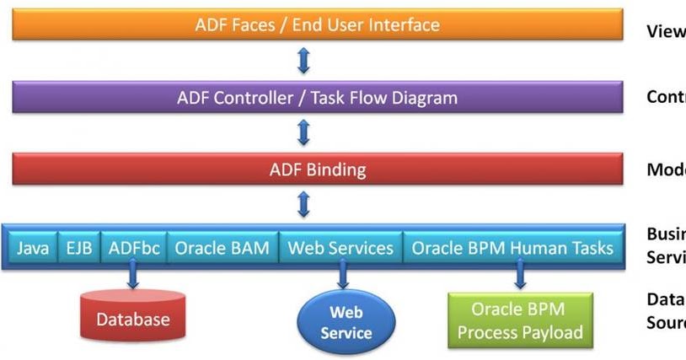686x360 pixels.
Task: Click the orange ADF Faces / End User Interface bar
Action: click(318, 24)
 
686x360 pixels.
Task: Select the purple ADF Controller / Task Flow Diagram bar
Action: click(318, 98)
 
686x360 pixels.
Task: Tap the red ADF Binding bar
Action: click(318, 169)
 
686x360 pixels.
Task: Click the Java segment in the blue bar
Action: click(33, 248)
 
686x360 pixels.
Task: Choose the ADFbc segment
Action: click(132, 248)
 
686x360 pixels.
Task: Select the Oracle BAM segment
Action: click(222, 248)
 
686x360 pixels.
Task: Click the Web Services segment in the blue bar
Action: click(340, 248)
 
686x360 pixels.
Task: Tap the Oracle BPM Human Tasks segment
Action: click(513, 248)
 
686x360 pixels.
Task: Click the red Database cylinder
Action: click(132, 317)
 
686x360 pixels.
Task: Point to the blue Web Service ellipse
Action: click(346, 322)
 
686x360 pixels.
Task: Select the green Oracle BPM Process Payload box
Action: click(520, 320)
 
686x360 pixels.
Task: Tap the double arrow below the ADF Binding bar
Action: click(304, 204)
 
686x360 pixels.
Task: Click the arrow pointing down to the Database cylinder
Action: click(132, 277)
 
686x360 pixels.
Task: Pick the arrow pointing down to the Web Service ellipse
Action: click(344, 277)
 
